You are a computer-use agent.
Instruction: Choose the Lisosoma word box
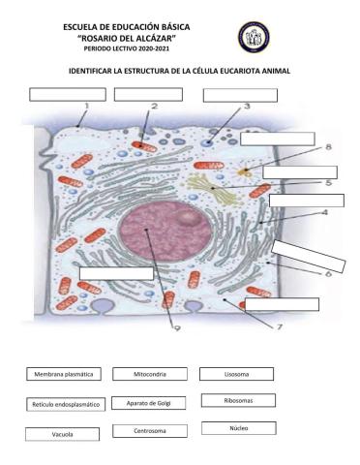pos(235,374)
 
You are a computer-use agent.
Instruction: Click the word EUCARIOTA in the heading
pos(230,72)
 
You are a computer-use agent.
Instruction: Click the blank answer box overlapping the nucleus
pos(115,272)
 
